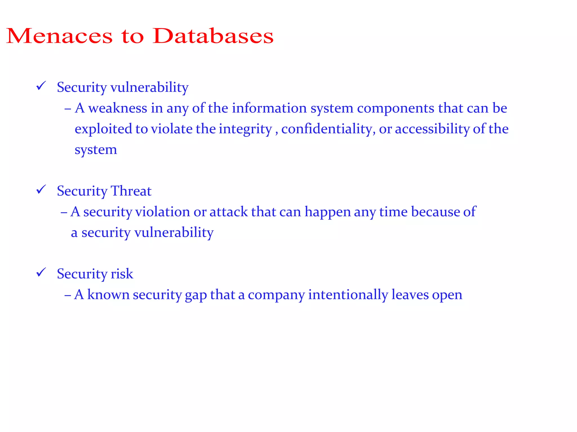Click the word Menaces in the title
click(59, 36)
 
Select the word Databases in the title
click(213, 36)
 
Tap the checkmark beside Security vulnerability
click(41, 86)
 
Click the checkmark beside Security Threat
click(41, 190)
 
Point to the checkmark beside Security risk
click(41, 272)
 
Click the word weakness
click(117, 108)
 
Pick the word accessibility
click(432, 129)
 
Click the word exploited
click(103, 129)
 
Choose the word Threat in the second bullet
click(131, 191)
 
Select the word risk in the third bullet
click(122, 274)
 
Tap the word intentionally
click(348, 295)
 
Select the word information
click(269, 108)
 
